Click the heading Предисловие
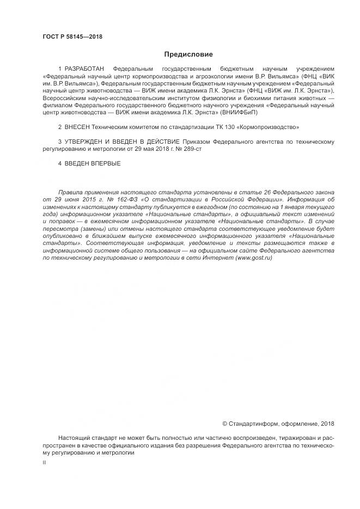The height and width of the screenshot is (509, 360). [x=188, y=54]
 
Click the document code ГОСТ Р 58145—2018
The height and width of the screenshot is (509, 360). [x=72, y=37]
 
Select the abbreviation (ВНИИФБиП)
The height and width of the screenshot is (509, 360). [x=237, y=112]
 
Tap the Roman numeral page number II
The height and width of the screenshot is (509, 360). [x=44, y=462]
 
